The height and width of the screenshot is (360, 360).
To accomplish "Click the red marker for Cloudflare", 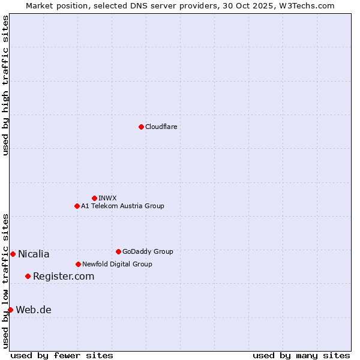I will (x=141, y=127).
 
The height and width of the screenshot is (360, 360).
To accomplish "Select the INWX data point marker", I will (x=94, y=198).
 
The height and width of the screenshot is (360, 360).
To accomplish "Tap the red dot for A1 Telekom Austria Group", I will (x=77, y=206).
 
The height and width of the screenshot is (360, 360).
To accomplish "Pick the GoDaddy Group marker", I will (x=118, y=251).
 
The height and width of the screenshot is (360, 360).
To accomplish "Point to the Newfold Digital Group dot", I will (x=78, y=264).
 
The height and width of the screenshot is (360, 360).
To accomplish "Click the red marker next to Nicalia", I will (x=13, y=254).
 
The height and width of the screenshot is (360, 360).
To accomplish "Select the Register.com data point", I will (x=28, y=276).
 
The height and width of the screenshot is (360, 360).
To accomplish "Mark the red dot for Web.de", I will (x=10, y=310).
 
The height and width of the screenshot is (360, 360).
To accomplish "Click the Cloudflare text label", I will (x=161, y=127).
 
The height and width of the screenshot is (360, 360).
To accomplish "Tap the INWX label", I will (x=107, y=198).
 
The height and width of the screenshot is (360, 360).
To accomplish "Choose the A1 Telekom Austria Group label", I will (x=122, y=206).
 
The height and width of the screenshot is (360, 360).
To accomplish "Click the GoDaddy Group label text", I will (x=148, y=251).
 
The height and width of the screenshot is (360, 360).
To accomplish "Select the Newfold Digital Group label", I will (x=117, y=264).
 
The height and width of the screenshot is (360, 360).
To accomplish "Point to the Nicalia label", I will (x=34, y=254).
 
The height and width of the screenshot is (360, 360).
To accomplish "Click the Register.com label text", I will (x=64, y=277).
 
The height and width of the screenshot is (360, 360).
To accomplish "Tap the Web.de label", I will (x=34, y=310).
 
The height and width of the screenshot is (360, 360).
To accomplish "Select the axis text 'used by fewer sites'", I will (x=62, y=355).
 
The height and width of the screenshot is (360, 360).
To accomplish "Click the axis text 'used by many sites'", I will (x=301, y=355).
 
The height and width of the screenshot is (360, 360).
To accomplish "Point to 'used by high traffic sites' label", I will (x=5, y=85).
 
